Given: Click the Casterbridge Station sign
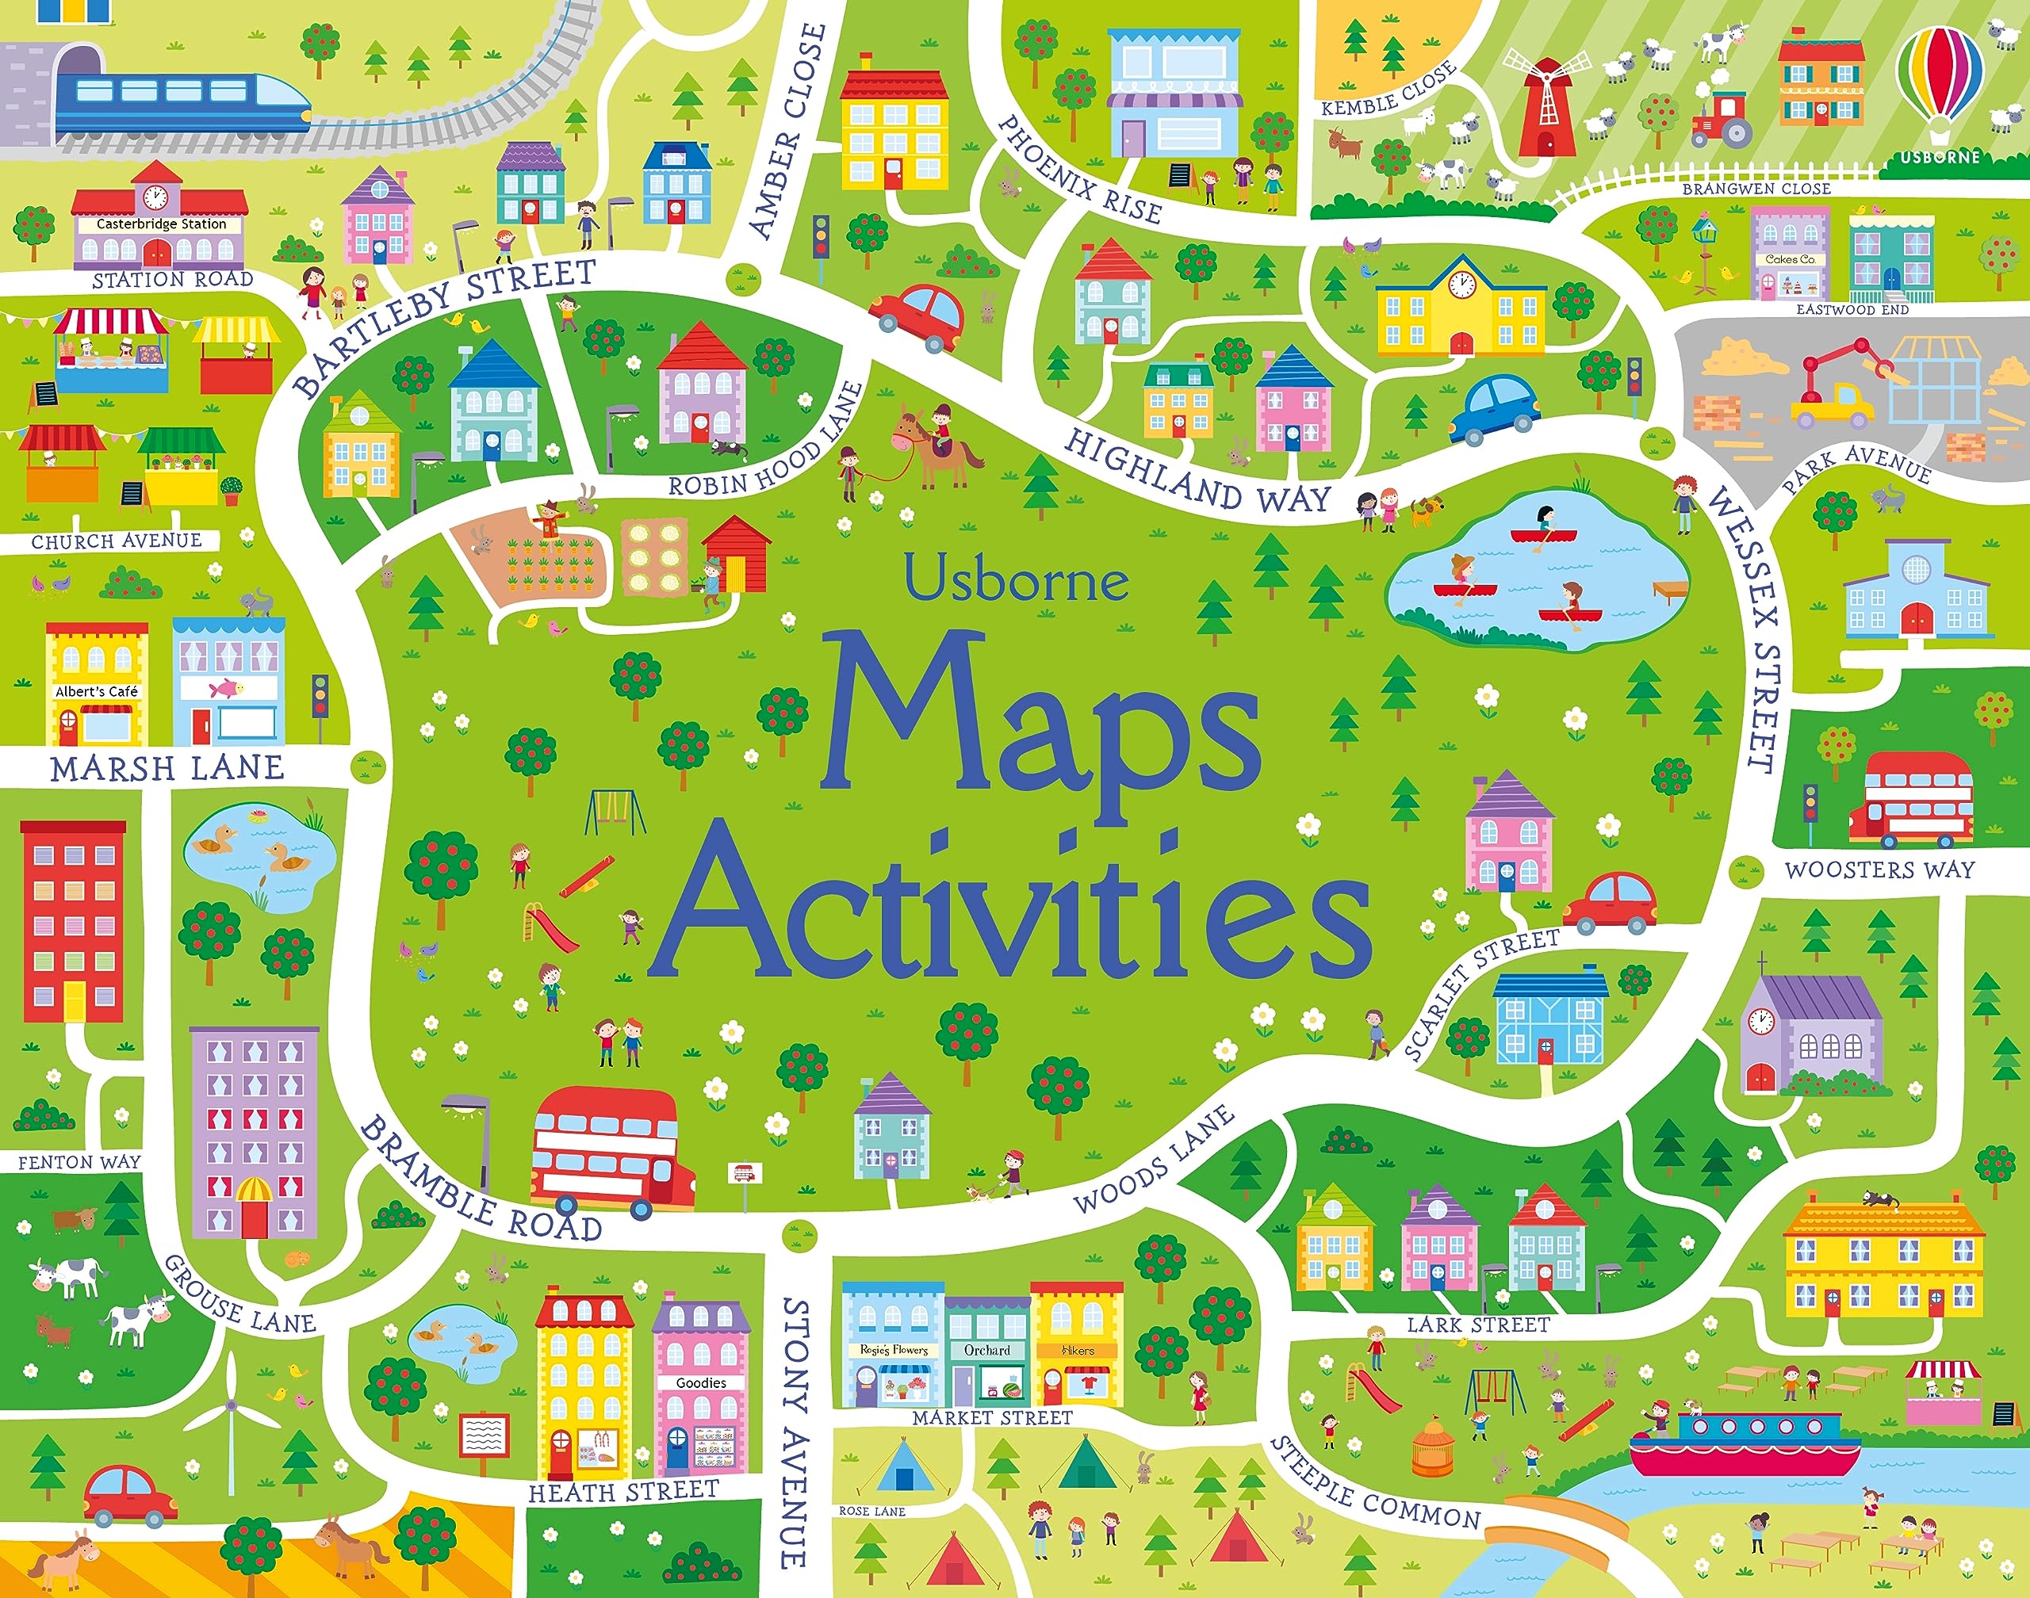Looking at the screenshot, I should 161,224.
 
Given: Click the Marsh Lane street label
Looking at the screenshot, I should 167,768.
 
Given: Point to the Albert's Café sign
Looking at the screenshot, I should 97,691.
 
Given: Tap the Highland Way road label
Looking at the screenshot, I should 1198,472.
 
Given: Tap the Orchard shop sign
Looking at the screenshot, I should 986,1350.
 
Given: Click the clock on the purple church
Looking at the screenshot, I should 1760,1021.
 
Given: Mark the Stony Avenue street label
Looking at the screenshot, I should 795,1432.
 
